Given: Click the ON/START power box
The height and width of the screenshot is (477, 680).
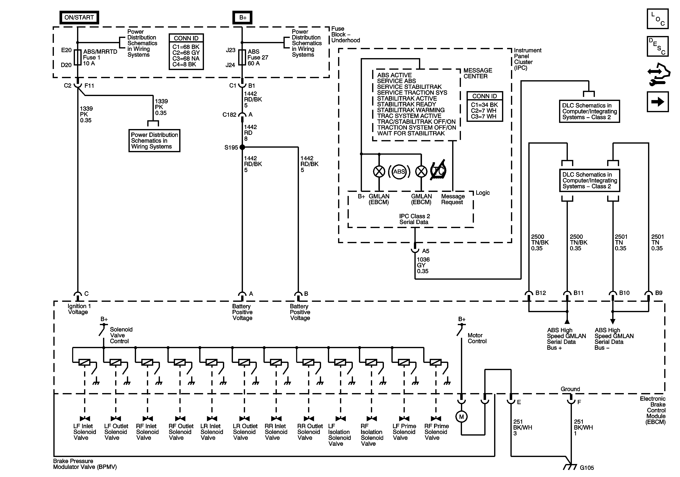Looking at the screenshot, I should point(79,18).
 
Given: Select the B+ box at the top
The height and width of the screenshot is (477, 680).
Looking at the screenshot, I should point(243,18).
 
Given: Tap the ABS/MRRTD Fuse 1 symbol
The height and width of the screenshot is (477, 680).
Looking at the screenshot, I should point(78,57).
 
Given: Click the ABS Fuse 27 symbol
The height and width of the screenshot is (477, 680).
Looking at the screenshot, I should point(242,57).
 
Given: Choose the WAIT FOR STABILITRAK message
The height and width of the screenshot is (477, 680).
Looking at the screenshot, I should point(411,133).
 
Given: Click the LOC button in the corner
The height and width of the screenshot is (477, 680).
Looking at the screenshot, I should point(658,19).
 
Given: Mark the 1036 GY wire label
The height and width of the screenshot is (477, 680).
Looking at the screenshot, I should point(423,265).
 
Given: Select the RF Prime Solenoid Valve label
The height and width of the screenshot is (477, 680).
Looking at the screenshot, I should point(436,432).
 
